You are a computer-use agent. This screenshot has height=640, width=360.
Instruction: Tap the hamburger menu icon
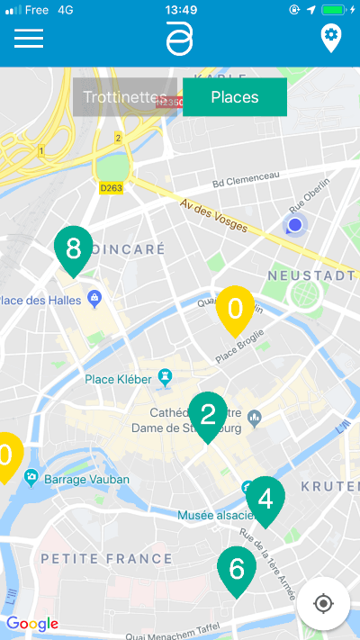click(29, 39)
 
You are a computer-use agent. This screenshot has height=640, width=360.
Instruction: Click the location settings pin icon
click(331, 38)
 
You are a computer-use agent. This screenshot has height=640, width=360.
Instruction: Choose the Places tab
click(234, 97)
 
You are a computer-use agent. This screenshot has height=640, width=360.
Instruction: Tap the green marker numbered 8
click(74, 248)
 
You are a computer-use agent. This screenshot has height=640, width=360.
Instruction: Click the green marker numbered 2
click(208, 415)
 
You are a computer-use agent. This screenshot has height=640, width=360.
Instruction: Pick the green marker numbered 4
click(265, 499)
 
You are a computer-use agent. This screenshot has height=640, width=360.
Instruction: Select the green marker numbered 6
click(237, 569)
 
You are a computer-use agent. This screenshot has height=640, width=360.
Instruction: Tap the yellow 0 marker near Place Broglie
click(235, 309)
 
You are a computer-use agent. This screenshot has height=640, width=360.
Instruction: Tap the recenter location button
click(324, 602)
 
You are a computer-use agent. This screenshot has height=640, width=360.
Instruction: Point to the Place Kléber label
click(118, 379)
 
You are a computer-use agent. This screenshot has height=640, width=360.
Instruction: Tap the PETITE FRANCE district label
click(106, 559)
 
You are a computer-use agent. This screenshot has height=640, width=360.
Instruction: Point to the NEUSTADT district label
click(310, 275)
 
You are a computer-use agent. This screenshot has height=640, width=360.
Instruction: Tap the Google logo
click(32, 623)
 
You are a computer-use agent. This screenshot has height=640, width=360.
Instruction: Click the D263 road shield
click(111, 188)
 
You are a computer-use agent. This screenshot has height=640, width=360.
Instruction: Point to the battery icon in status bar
click(333, 10)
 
